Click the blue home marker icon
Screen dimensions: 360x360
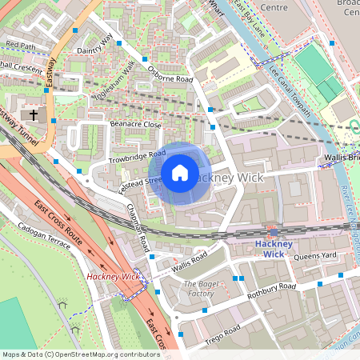point(180,173)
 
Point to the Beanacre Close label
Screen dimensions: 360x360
point(135,125)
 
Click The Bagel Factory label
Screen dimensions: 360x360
point(198,289)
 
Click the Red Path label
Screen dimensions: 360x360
point(21,45)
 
